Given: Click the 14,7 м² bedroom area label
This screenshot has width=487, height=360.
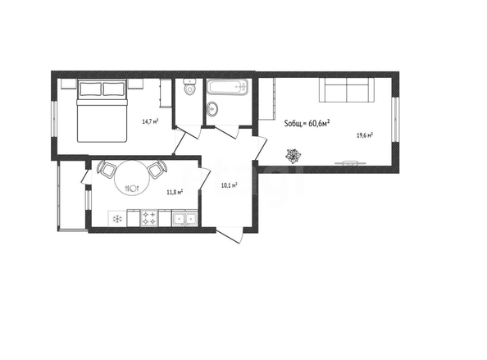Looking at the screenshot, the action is click(x=150, y=121).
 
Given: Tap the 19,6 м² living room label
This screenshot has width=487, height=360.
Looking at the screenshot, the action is click(x=365, y=135).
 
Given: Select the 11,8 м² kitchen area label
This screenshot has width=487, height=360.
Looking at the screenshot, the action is click(x=175, y=192).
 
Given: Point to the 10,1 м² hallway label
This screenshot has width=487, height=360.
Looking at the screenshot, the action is click(x=230, y=185).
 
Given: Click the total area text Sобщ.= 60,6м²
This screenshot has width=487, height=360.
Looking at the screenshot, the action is click(x=307, y=123).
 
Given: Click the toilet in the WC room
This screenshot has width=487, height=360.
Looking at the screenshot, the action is click(x=189, y=86).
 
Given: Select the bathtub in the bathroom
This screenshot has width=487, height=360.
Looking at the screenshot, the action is click(x=228, y=87).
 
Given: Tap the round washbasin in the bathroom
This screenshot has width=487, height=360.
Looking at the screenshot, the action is click(x=212, y=109).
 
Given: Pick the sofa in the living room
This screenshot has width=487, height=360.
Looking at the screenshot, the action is click(x=347, y=89).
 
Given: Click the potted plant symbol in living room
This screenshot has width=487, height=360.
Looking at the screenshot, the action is click(x=294, y=156).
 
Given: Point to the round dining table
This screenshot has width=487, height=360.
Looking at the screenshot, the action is click(x=133, y=178).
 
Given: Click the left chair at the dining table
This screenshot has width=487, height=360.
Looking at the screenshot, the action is click(x=107, y=169).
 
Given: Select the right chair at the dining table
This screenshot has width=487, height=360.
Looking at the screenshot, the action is click(x=157, y=169).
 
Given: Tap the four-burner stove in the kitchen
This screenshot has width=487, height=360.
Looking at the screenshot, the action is click(x=149, y=218).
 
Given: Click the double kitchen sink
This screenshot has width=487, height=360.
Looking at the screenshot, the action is click(x=184, y=218).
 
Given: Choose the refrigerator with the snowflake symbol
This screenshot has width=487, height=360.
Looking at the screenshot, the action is click(x=117, y=219).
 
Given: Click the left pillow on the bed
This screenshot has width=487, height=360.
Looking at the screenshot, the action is click(x=90, y=89).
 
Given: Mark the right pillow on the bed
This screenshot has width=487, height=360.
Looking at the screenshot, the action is click(x=114, y=89).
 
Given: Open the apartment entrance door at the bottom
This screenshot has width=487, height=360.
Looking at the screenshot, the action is click(x=230, y=235).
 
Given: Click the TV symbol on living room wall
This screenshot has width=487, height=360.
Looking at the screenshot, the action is click(x=350, y=162).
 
